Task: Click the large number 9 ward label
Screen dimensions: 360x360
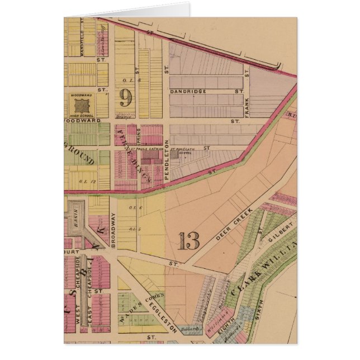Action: pos(126,98)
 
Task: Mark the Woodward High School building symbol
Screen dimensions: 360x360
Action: pos(82,105)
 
